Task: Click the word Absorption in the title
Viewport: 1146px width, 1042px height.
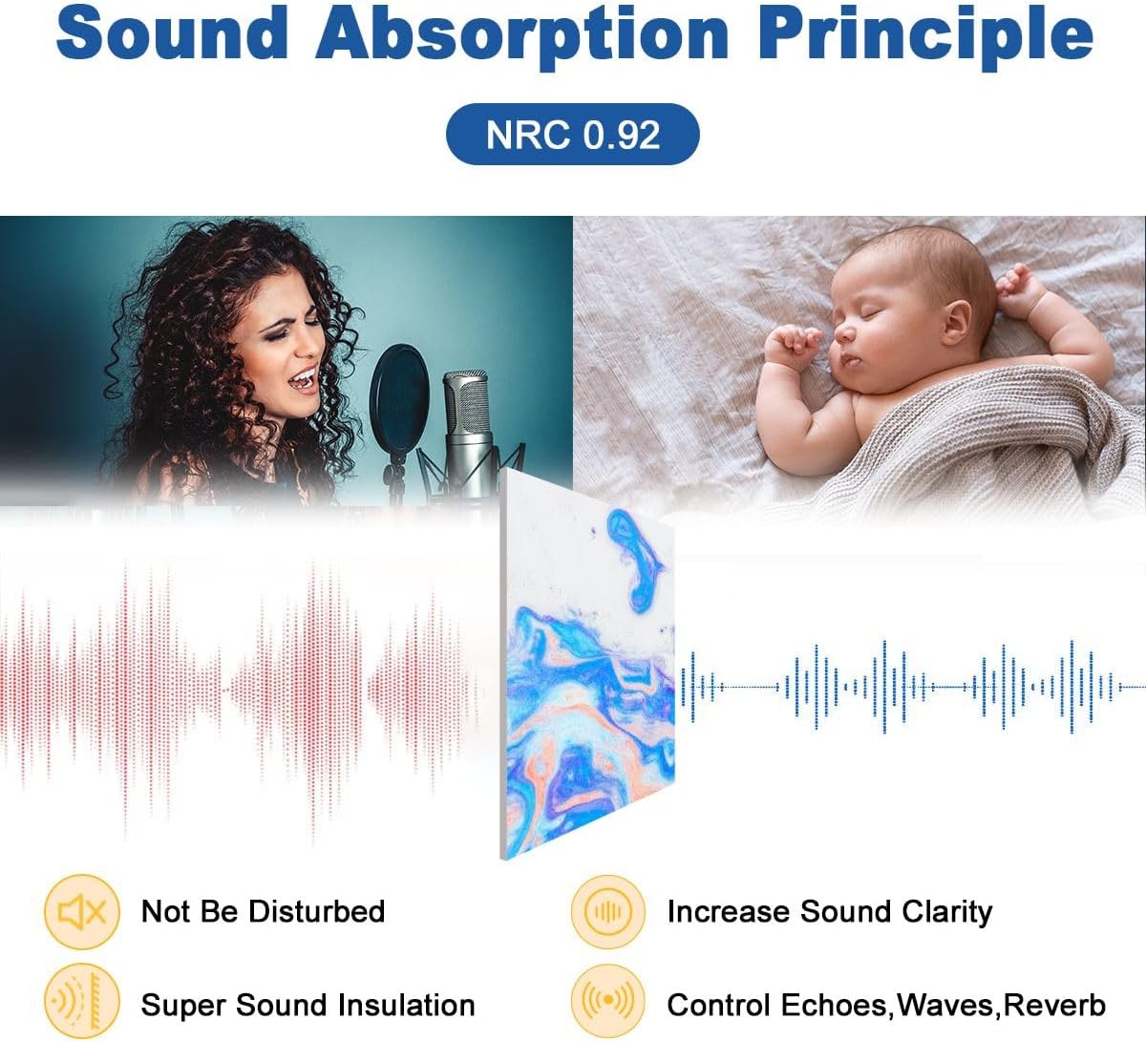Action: [522, 36]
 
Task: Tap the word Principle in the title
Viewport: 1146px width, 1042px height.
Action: [924, 36]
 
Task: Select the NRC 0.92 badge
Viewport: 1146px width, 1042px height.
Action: [572, 135]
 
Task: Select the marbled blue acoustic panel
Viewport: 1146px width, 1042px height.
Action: [587, 663]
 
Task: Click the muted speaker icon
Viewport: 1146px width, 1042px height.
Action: [82, 911]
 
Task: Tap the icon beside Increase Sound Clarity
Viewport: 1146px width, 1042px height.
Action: [607, 911]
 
